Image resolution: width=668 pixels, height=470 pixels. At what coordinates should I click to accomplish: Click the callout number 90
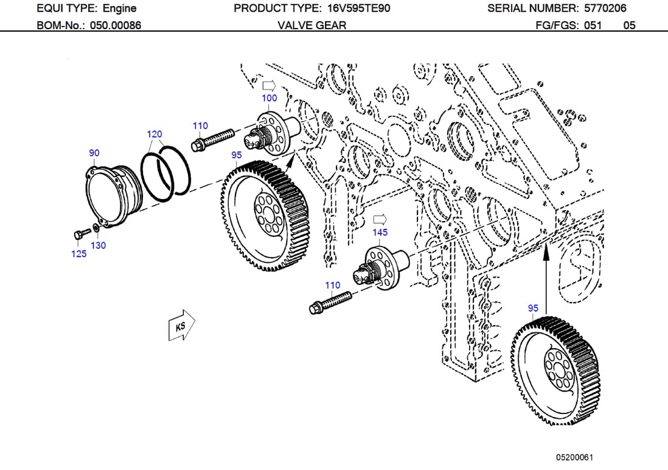(x=94, y=153)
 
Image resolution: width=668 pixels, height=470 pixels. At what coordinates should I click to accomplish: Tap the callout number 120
(x=155, y=134)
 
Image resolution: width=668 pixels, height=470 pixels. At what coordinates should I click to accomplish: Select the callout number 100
(x=269, y=98)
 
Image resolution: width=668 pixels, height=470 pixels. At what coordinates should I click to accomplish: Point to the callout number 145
(x=380, y=232)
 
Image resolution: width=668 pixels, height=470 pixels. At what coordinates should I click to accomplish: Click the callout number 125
(x=78, y=254)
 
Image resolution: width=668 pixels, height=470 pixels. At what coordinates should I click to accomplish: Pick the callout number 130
(x=98, y=245)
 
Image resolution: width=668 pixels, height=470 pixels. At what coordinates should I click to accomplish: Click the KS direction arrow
(x=181, y=326)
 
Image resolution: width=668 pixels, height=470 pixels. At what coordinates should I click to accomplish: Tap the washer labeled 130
(x=96, y=230)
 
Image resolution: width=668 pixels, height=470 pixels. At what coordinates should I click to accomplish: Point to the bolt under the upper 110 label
(x=212, y=139)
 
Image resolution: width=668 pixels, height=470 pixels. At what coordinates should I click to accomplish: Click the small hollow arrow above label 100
(x=269, y=85)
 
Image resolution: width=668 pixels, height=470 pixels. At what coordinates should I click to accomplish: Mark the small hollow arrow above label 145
(x=380, y=219)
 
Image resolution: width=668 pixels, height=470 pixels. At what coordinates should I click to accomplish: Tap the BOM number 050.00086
(x=116, y=26)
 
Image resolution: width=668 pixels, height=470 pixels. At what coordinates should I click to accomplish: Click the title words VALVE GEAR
(x=311, y=26)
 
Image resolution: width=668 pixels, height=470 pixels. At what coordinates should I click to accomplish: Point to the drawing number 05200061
(x=574, y=457)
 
